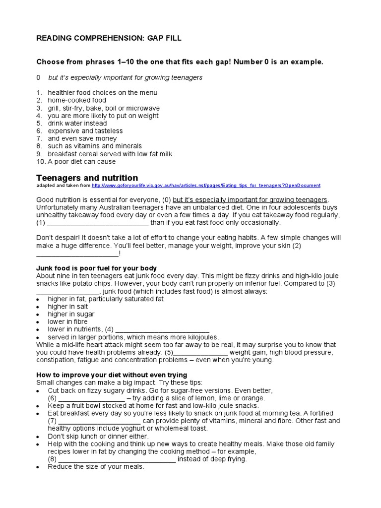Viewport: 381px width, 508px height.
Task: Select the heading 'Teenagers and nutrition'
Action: (x=87, y=178)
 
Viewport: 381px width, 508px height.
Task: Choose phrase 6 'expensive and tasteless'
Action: (x=85, y=131)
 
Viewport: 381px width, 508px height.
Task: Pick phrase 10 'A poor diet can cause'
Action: (x=81, y=161)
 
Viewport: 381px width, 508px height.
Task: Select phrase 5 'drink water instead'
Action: (x=77, y=123)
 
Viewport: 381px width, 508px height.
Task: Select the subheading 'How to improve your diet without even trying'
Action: (x=112, y=375)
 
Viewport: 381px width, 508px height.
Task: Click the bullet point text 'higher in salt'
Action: (x=68, y=307)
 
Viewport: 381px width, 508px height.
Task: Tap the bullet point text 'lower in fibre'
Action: (x=68, y=321)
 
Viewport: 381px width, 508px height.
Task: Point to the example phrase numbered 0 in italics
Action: (x=125, y=77)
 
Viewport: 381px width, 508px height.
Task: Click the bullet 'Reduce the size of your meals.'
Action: (x=96, y=467)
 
